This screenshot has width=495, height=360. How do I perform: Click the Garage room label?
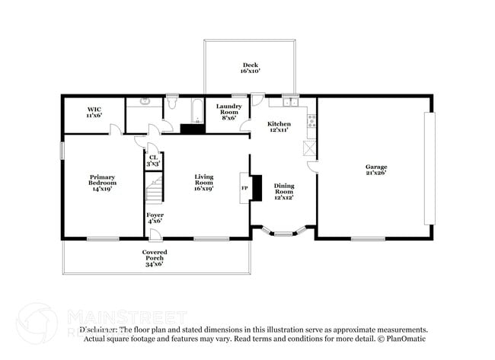tap(375, 170)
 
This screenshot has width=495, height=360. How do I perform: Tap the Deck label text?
tap(251, 68)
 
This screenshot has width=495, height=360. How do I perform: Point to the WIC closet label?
tap(94, 112)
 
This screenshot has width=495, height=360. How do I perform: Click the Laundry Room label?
tap(228, 110)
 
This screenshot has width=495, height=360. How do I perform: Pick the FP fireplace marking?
tap(244, 187)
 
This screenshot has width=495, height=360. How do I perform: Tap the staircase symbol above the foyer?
tap(155, 189)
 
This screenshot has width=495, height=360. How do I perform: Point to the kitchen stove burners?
tap(311, 121)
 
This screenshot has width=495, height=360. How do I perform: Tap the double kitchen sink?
tap(289, 100)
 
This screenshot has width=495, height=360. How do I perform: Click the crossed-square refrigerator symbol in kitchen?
tap(309, 148)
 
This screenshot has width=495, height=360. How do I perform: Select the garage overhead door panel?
tap(430, 168)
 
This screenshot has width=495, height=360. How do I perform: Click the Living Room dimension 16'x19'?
tap(203, 189)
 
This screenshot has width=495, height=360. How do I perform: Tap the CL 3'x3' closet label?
tap(154, 161)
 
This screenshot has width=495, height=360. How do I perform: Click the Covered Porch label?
tap(155, 256)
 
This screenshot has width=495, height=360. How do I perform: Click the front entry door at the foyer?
tap(155, 236)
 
